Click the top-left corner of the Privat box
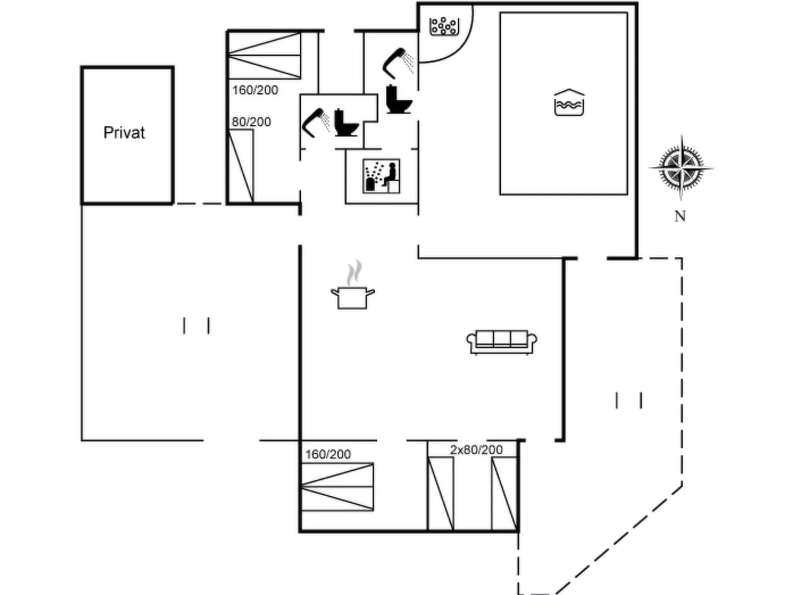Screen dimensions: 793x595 click(81, 67)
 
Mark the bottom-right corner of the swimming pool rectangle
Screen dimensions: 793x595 click(627, 195)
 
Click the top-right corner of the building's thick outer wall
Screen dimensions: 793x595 click(636, 3)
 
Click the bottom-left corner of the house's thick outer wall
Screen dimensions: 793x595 click(300, 531)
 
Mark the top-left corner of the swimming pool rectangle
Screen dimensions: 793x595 click(500, 13)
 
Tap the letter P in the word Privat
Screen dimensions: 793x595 click(107, 133)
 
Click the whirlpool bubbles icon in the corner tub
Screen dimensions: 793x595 click(444, 26)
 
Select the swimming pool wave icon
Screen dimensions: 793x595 click(569, 102)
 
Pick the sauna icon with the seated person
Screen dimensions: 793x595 click(381, 176)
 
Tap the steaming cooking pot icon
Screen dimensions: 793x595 click(353, 285)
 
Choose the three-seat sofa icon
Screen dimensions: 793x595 click(502, 342)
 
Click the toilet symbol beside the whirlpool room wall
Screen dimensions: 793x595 click(398, 99)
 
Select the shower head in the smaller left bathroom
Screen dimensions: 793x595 click(316, 122)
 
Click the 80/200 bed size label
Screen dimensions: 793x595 click(251, 122)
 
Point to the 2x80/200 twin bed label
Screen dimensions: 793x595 click(476, 449)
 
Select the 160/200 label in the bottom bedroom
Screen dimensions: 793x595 click(328, 454)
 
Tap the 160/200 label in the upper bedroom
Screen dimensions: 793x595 click(255, 90)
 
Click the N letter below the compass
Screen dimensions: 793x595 click(680, 216)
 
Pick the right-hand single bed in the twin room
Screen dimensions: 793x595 click(504, 493)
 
